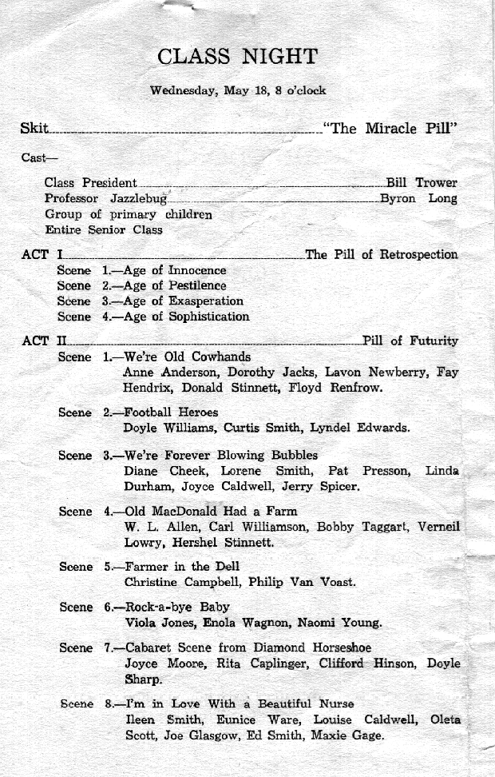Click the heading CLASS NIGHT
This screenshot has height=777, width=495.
pos(237,57)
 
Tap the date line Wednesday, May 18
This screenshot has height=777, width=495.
pos(238,90)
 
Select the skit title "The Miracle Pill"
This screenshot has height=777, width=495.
pos(390,129)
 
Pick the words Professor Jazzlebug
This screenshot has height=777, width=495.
pos(105,198)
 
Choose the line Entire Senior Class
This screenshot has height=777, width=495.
pos(103,229)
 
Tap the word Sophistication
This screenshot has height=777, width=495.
pos(209,317)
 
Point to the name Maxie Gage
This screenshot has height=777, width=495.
pos(348,735)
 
